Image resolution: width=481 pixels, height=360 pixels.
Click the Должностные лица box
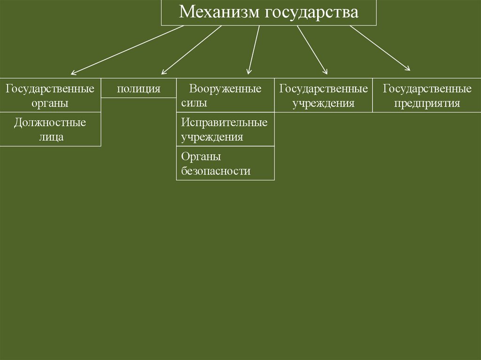tap(50, 130)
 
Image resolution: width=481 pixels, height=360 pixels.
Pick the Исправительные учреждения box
tap(225, 130)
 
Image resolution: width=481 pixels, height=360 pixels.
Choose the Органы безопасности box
tap(225, 163)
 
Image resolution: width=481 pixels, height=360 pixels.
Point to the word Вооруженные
tap(225, 89)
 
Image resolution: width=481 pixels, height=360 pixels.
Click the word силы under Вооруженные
tap(194, 103)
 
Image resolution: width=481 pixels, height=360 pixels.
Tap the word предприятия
tap(427, 103)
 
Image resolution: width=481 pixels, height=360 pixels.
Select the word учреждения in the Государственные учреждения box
tap(323, 103)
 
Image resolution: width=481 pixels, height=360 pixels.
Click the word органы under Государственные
tap(50, 103)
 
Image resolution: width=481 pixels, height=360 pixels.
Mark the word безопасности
tap(216, 171)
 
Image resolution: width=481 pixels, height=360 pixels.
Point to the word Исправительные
tap(225, 123)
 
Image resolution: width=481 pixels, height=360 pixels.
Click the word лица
tap(50, 137)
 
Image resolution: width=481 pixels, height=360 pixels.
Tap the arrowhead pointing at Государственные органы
tap(73, 73)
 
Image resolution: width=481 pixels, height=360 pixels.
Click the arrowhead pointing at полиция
tap(163, 72)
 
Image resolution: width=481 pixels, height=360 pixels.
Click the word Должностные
tap(50, 123)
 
